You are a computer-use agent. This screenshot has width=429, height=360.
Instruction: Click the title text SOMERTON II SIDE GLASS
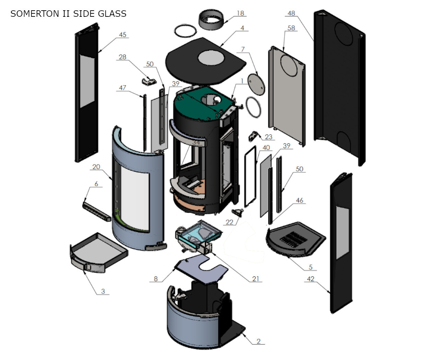pyautogui.click(x=68, y=14)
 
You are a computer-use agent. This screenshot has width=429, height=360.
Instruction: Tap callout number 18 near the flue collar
pyautogui.click(x=240, y=13)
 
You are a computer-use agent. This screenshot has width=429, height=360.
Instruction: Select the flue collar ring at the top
pyautogui.click(x=212, y=20)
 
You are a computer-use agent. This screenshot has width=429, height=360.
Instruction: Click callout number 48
pyautogui.click(x=291, y=13)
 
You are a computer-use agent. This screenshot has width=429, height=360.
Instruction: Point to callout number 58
pyautogui.click(x=291, y=28)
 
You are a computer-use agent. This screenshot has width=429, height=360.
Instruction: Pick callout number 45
pyautogui.click(x=123, y=35)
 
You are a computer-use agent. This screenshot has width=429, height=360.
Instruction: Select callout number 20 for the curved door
pyautogui.click(x=96, y=167)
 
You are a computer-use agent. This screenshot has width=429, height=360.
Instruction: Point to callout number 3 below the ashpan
pyautogui.click(x=103, y=291)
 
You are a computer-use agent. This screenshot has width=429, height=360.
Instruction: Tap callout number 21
pyautogui.click(x=256, y=279)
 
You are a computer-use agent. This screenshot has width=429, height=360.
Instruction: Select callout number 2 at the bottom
pyautogui.click(x=258, y=341)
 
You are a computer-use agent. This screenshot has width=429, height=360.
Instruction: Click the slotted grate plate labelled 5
pyautogui.click(x=295, y=239)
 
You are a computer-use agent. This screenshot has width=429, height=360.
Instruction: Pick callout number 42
pyautogui.click(x=310, y=279)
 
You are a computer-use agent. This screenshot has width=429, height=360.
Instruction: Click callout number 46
pyautogui.click(x=299, y=200)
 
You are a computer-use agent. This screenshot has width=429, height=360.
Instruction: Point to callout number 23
pyautogui.click(x=268, y=137)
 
